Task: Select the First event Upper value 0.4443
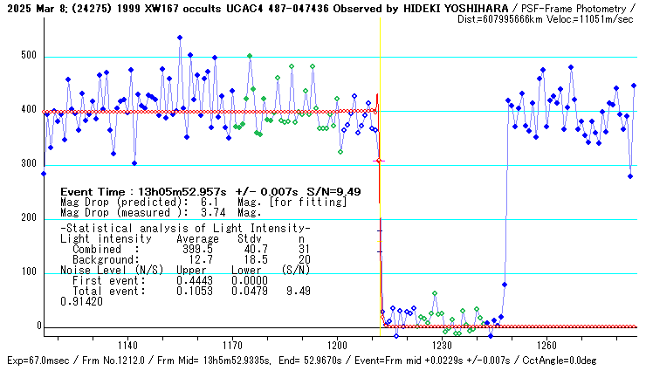tap(195, 279)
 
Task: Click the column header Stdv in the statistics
tap(249, 238)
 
